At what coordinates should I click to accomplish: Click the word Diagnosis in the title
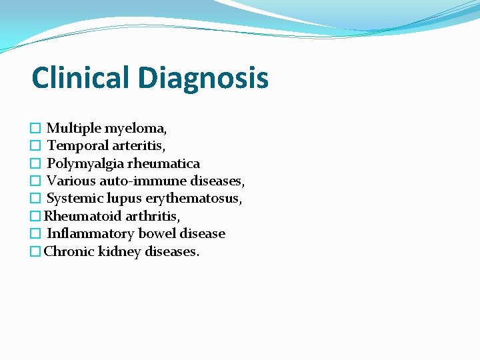pyautogui.click(x=203, y=79)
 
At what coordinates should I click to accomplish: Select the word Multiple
pyautogui.click(x=73, y=128)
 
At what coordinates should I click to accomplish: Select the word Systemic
pyautogui.click(x=73, y=199)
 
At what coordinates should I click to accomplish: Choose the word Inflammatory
pyautogui.click(x=91, y=234)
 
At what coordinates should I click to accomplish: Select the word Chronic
pyautogui.click(x=69, y=251)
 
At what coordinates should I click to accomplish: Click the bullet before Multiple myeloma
pyautogui.click(x=36, y=128)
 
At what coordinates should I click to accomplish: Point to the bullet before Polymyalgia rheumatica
pyautogui.click(x=36, y=164)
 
